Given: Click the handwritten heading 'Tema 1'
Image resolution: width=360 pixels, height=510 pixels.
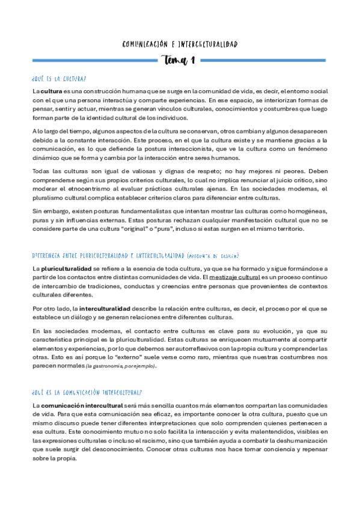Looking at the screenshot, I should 179,60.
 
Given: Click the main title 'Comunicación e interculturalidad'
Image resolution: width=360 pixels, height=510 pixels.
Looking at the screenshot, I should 180,44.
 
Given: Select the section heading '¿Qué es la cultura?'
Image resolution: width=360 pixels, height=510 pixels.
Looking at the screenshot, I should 59,79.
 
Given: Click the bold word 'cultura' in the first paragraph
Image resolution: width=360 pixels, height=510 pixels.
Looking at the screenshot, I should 51,91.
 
